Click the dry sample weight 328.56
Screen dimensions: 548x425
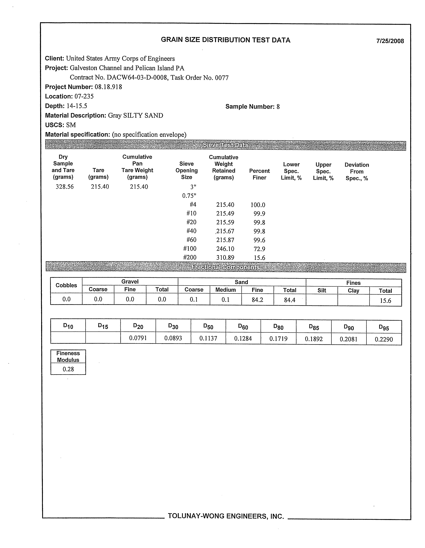(64, 187)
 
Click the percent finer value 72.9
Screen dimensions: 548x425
(259, 249)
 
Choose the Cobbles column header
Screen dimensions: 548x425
(66, 285)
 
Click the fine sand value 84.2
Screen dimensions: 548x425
(257, 299)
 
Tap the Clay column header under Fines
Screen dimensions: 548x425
(353, 291)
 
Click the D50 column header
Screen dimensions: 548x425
(208, 327)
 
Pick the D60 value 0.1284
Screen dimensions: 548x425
(243, 338)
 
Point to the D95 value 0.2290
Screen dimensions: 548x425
(384, 339)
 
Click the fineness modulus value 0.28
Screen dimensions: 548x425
(68, 369)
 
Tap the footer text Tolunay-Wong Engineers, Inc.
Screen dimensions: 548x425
(226, 516)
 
